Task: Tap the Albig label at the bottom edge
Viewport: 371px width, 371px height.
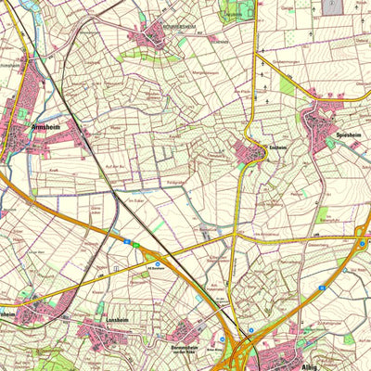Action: tap(310, 366)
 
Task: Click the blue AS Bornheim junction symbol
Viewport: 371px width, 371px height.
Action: tap(158, 264)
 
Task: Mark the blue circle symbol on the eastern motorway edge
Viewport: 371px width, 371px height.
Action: tap(362, 243)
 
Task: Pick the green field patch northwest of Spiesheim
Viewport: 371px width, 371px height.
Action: tap(287, 86)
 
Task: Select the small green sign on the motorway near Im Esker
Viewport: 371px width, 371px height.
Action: tap(135, 245)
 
